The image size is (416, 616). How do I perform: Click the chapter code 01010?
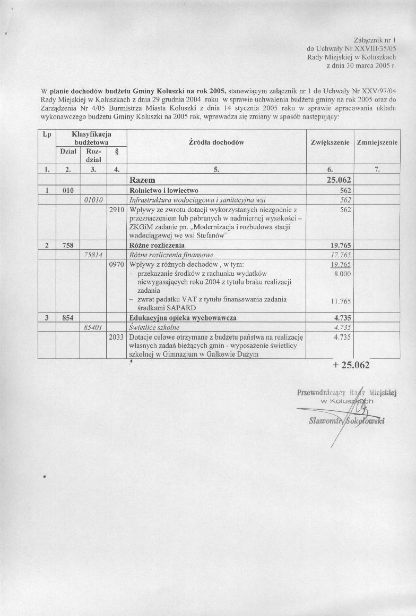pos(96,200)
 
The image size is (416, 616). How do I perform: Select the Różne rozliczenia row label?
pos(157,246)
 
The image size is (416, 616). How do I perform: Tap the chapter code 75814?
pos(96,255)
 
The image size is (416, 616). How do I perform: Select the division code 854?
pos(67,318)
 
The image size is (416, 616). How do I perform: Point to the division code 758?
pos(67,246)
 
